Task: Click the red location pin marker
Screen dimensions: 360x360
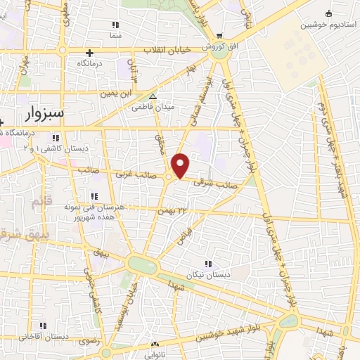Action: (x=181, y=165)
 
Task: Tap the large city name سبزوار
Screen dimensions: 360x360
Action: (x=44, y=112)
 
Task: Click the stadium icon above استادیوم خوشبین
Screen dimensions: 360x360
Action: (x=328, y=13)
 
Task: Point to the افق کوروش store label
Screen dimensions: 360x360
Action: (x=219, y=46)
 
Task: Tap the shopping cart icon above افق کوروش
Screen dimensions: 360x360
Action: (x=219, y=36)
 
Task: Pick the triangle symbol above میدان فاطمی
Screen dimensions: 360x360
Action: (x=153, y=97)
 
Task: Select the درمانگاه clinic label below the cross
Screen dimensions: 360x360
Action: (x=89, y=63)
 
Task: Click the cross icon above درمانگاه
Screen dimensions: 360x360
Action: (x=89, y=52)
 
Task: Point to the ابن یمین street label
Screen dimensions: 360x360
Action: (x=116, y=93)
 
